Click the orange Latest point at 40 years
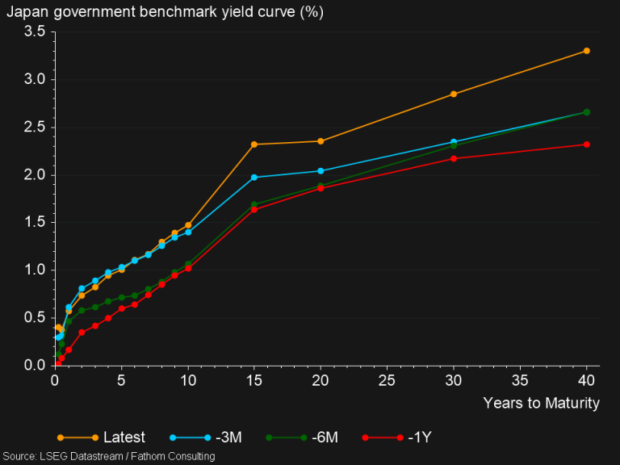pos(587,51)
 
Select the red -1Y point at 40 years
pos(587,145)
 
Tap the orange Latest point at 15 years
pos(254,145)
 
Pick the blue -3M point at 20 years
pos(320,171)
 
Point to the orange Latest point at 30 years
pos(454,94)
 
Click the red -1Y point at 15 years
pos(254,210)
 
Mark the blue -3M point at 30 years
pos(454,142)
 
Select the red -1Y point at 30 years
pos(454,158)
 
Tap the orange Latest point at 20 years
pos(320,141)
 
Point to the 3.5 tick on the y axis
pos(34,31)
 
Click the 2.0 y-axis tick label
pos(34,175)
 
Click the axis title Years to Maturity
pos(541,403)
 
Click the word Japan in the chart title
pos(24,10)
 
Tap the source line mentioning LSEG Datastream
pos(108,457)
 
